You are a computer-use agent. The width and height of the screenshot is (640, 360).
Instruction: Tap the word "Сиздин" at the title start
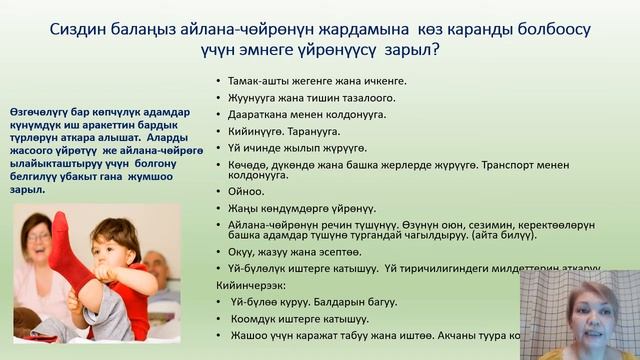click(x=72, y=19)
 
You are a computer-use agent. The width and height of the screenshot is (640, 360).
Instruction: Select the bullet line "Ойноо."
click(x=247, y=191)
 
